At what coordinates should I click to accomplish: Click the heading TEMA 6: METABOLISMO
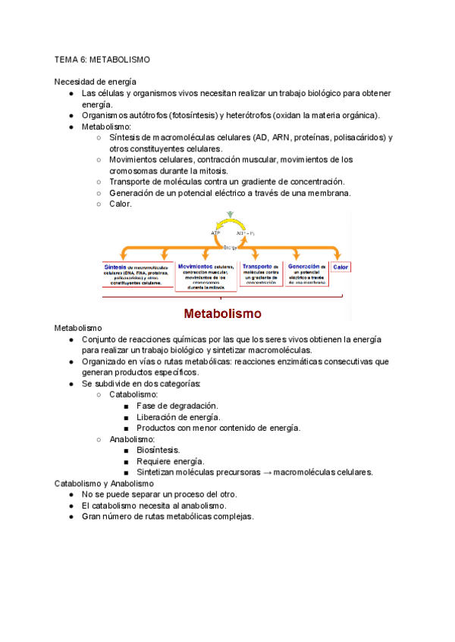click(x=102, y=59)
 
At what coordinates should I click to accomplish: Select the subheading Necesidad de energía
click(x=95, y=82)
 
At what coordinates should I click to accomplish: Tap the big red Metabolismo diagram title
click(x=223, y=313)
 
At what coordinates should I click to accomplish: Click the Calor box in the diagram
click(x=340, y=267)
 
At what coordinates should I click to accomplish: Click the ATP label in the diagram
click(x=215, y=232)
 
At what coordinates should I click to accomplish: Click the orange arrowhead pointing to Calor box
click(x=339, y=257)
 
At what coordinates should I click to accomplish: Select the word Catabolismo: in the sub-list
click(x=133, y=394)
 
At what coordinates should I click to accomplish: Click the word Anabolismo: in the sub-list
click(x=132, y=439)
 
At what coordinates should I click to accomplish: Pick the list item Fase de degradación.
click(x=177, y=406)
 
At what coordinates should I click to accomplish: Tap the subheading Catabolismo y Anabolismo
click(x=104, y=483)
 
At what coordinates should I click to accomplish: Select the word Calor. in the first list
click(x=121, y=204)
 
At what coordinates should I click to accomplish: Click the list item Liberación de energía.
click(x=178, y=417)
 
